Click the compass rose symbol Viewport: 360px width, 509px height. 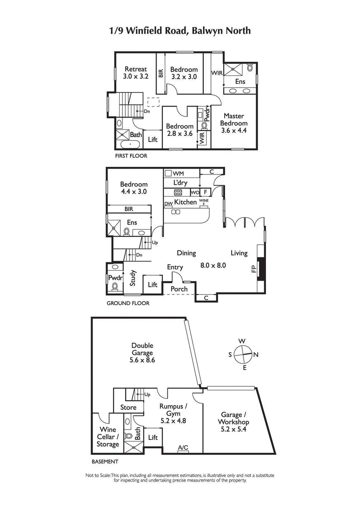[243, 354]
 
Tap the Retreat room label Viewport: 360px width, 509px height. [135, 73]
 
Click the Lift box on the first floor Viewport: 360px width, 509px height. [153, 139]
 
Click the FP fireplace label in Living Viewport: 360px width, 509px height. [252, 269]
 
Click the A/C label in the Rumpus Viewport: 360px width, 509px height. [183, 448]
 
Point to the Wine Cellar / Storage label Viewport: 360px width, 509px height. [108, 437]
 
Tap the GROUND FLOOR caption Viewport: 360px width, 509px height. [128, 304]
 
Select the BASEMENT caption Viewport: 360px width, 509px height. [104, 462]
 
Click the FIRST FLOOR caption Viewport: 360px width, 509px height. [131, 156]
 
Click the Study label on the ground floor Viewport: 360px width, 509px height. [133, 278]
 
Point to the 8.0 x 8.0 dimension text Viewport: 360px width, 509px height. [212, 265]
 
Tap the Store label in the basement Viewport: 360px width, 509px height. [128, 408]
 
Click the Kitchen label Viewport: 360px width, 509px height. [185, 202]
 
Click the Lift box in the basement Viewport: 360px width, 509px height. [153, 437]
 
